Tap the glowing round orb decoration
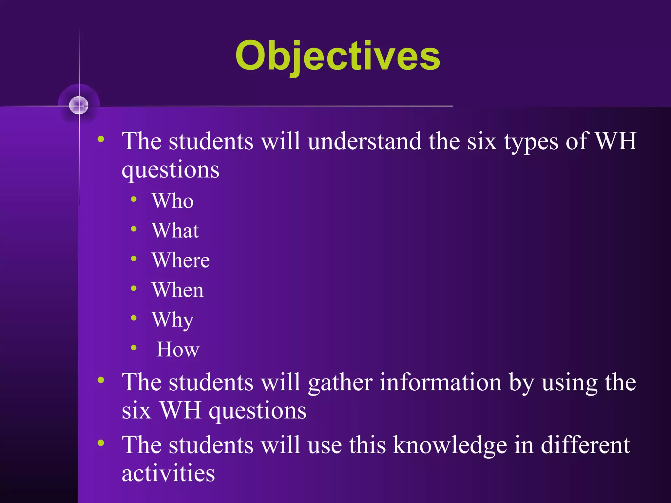point(79,105)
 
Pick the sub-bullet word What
point(175,230)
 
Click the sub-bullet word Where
point(181,260)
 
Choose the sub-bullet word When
point(178,290)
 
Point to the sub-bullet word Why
point(172,320)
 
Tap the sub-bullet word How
point(178,349)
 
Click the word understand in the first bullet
point(365,141)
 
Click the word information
point(441,382)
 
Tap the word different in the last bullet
point(585,445)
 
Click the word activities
point(168,473)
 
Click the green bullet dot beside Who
point(134,199)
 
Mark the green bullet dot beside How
point(134,348)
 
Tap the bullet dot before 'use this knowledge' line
point(101,443)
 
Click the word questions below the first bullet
point(170,170)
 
